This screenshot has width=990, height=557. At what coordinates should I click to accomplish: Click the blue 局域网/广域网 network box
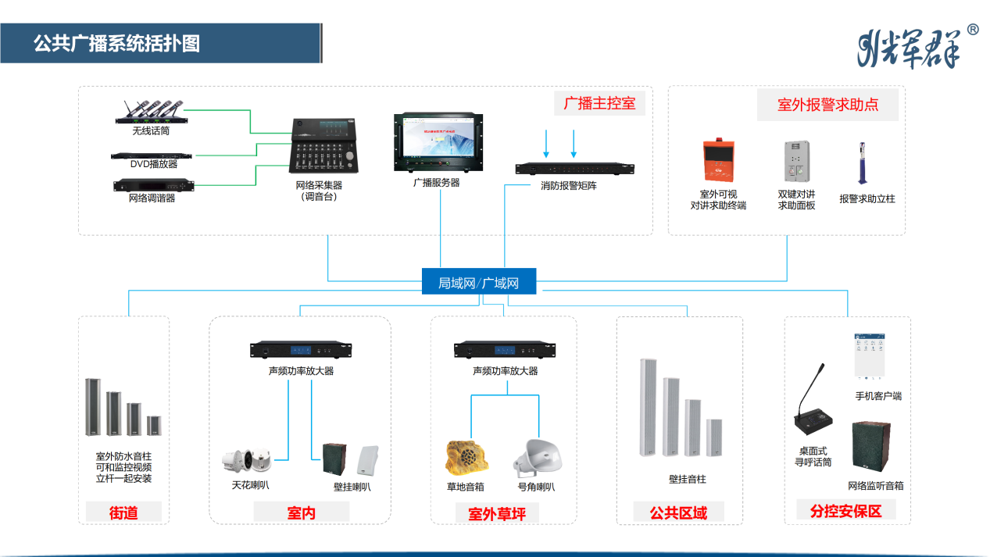(x=479, y=282)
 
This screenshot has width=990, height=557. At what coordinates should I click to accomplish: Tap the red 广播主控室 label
(x=599, y=103)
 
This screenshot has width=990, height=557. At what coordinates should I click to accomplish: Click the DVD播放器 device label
(x=154, y=164)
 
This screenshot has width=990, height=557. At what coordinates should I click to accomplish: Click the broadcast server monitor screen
(x=438, y=141)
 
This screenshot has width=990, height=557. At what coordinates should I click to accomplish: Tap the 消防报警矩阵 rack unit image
(x=574, y=168)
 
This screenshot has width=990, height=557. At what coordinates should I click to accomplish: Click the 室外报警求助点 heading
(x=827, y=105)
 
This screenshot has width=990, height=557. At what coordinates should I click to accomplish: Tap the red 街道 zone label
(x=123, y=512)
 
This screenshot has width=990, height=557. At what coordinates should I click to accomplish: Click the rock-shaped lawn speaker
(x=465, y=458)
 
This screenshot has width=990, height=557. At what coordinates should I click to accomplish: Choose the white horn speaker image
(x=538, y=458)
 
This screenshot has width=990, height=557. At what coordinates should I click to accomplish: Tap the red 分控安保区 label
(x=846, y=511)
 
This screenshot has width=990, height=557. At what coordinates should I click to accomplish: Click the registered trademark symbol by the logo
(x=973, y=30)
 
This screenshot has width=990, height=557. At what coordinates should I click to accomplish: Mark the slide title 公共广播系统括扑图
(x=116, y=43)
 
